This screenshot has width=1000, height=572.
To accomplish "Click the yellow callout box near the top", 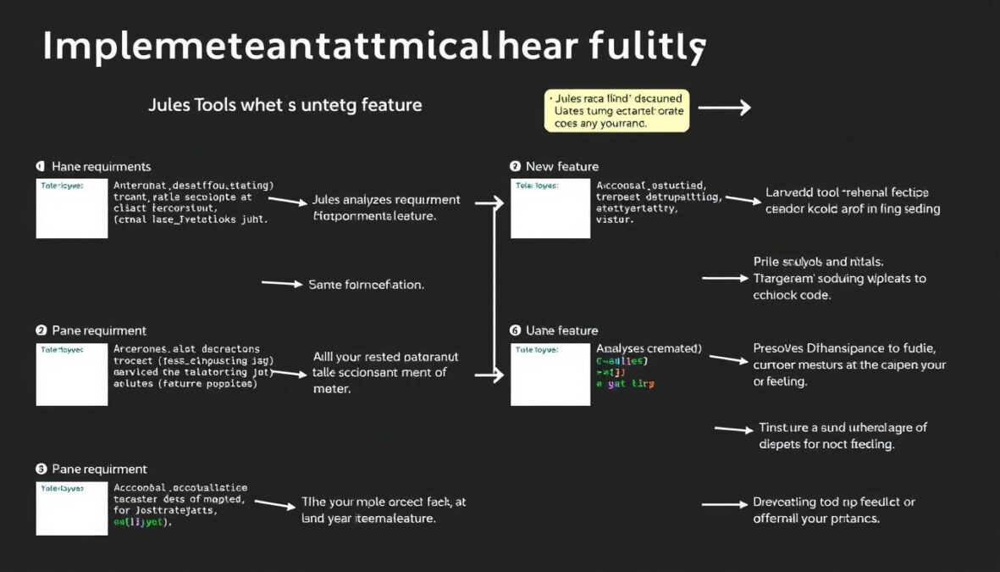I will (x=616, y=111).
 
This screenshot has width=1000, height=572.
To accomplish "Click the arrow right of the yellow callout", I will (x=724, y=108).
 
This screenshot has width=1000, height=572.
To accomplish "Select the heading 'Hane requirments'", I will (x=101, y=167).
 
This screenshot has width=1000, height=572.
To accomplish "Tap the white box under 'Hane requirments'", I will (x=72, y=208).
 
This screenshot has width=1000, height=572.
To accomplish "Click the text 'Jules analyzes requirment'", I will (x=386, y=201).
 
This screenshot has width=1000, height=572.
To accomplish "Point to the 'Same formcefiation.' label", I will (x=366, y=285).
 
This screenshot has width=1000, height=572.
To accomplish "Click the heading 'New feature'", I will (x=561, y=167).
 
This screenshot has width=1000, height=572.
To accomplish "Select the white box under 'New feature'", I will (x=550, y=208).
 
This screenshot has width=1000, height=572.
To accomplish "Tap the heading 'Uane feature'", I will (x=561, y=330).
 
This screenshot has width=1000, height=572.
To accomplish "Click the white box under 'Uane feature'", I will (x=550, y=374).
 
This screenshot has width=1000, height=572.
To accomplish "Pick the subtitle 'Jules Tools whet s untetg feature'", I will (x=285, y=106).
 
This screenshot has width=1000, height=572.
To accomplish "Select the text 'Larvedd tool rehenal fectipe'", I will (x=847, y=192).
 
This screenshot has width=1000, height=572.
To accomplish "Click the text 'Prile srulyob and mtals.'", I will (x=824, y=263).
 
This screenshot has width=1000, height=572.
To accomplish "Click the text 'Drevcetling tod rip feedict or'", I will (x=834, y=503).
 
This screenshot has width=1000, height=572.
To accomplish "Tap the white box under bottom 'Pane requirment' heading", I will (x=72, y=508).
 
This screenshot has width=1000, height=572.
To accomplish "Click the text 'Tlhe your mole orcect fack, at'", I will (x=384, y=503).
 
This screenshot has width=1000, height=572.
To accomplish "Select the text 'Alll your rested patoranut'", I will (x=385, y=358).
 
